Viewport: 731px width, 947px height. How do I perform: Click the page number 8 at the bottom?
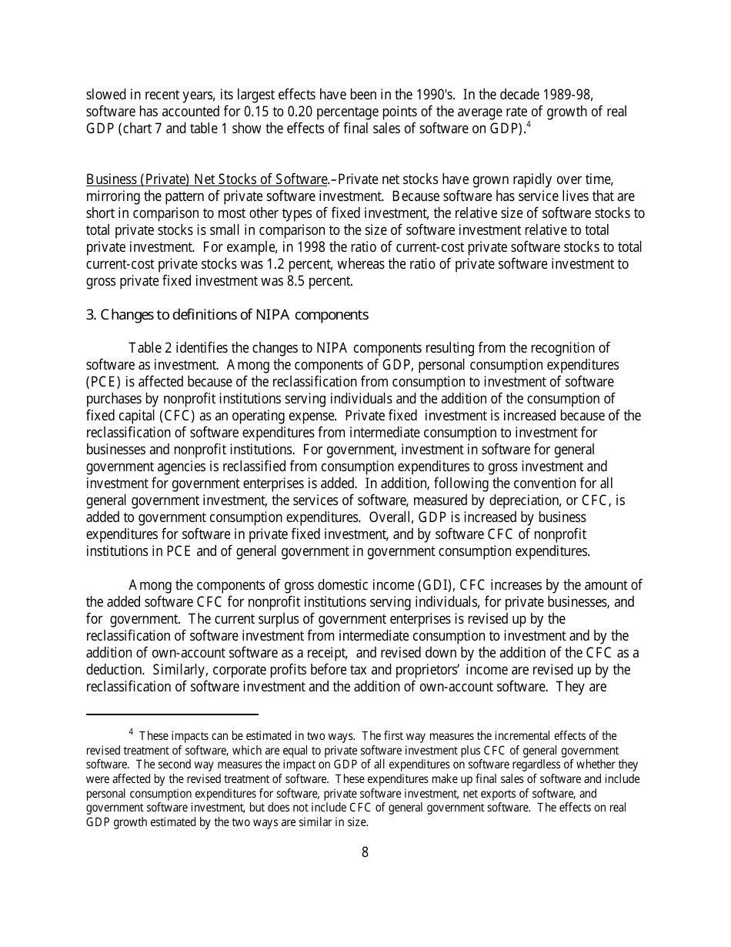365,852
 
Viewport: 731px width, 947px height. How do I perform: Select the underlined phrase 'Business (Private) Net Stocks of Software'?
207,179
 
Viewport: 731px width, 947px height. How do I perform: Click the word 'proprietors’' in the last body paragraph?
459,670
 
